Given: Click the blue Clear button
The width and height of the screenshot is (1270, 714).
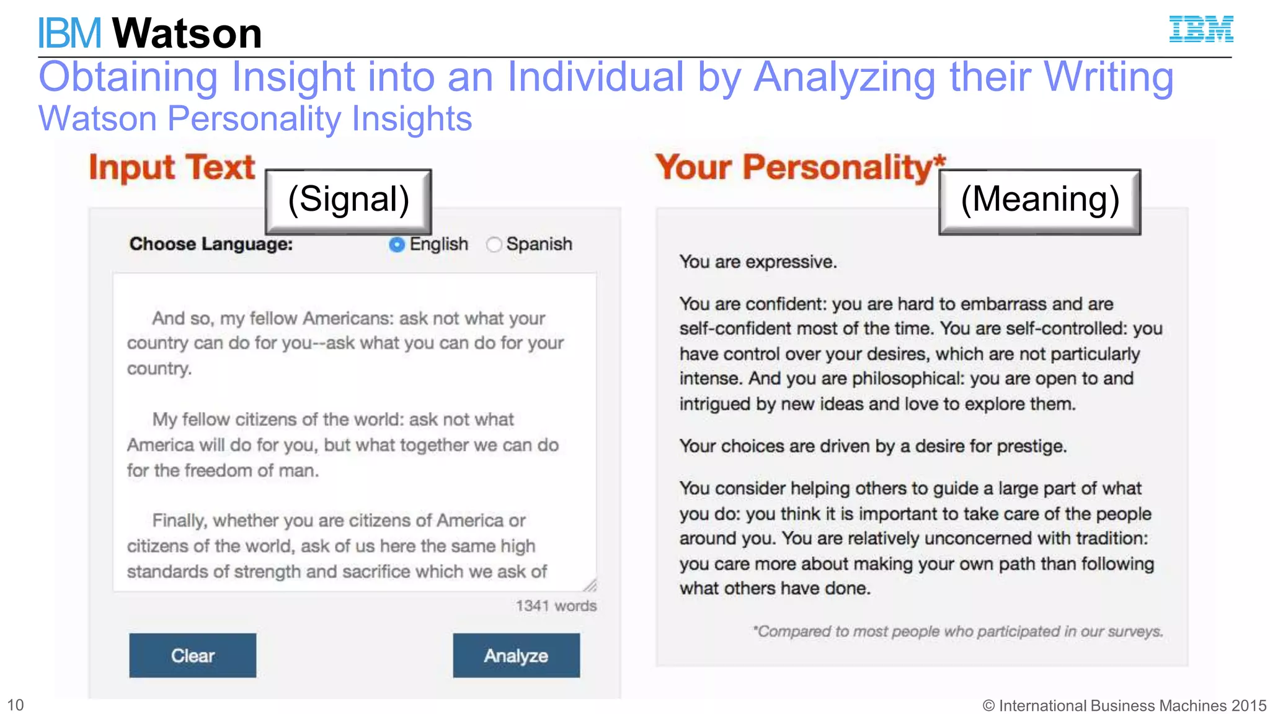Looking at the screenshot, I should [x=192, y=655].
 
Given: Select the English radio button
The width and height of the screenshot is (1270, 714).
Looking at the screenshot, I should [x=397, y=245].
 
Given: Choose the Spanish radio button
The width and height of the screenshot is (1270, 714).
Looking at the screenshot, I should [x=494, y=245].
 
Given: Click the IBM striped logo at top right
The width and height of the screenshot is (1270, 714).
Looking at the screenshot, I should [x=1201, y=29].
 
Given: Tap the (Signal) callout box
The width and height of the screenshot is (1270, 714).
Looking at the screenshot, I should [x=349, y=201].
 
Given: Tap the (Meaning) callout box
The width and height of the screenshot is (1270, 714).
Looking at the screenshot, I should [x=1039, y=201].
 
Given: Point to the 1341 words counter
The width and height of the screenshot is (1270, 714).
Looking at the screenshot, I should [x=556, y=606].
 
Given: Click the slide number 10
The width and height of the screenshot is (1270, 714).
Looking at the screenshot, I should [x=16, y=705].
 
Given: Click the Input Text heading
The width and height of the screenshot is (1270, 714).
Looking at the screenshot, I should [x=172, y=167].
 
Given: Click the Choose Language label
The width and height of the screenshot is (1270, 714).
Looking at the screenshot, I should [x=211, y=244].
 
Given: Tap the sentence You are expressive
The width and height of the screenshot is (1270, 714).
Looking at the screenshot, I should [x=758, y=262].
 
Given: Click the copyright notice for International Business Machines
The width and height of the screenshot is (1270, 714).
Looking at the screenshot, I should [x=1124, y=705].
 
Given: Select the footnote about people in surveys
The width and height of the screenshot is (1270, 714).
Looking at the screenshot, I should [x=957, y=632].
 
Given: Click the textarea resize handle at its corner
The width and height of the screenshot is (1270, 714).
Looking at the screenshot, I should [x=590, y=585].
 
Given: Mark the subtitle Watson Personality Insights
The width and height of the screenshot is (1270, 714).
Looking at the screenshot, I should [x=255, y=118].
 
